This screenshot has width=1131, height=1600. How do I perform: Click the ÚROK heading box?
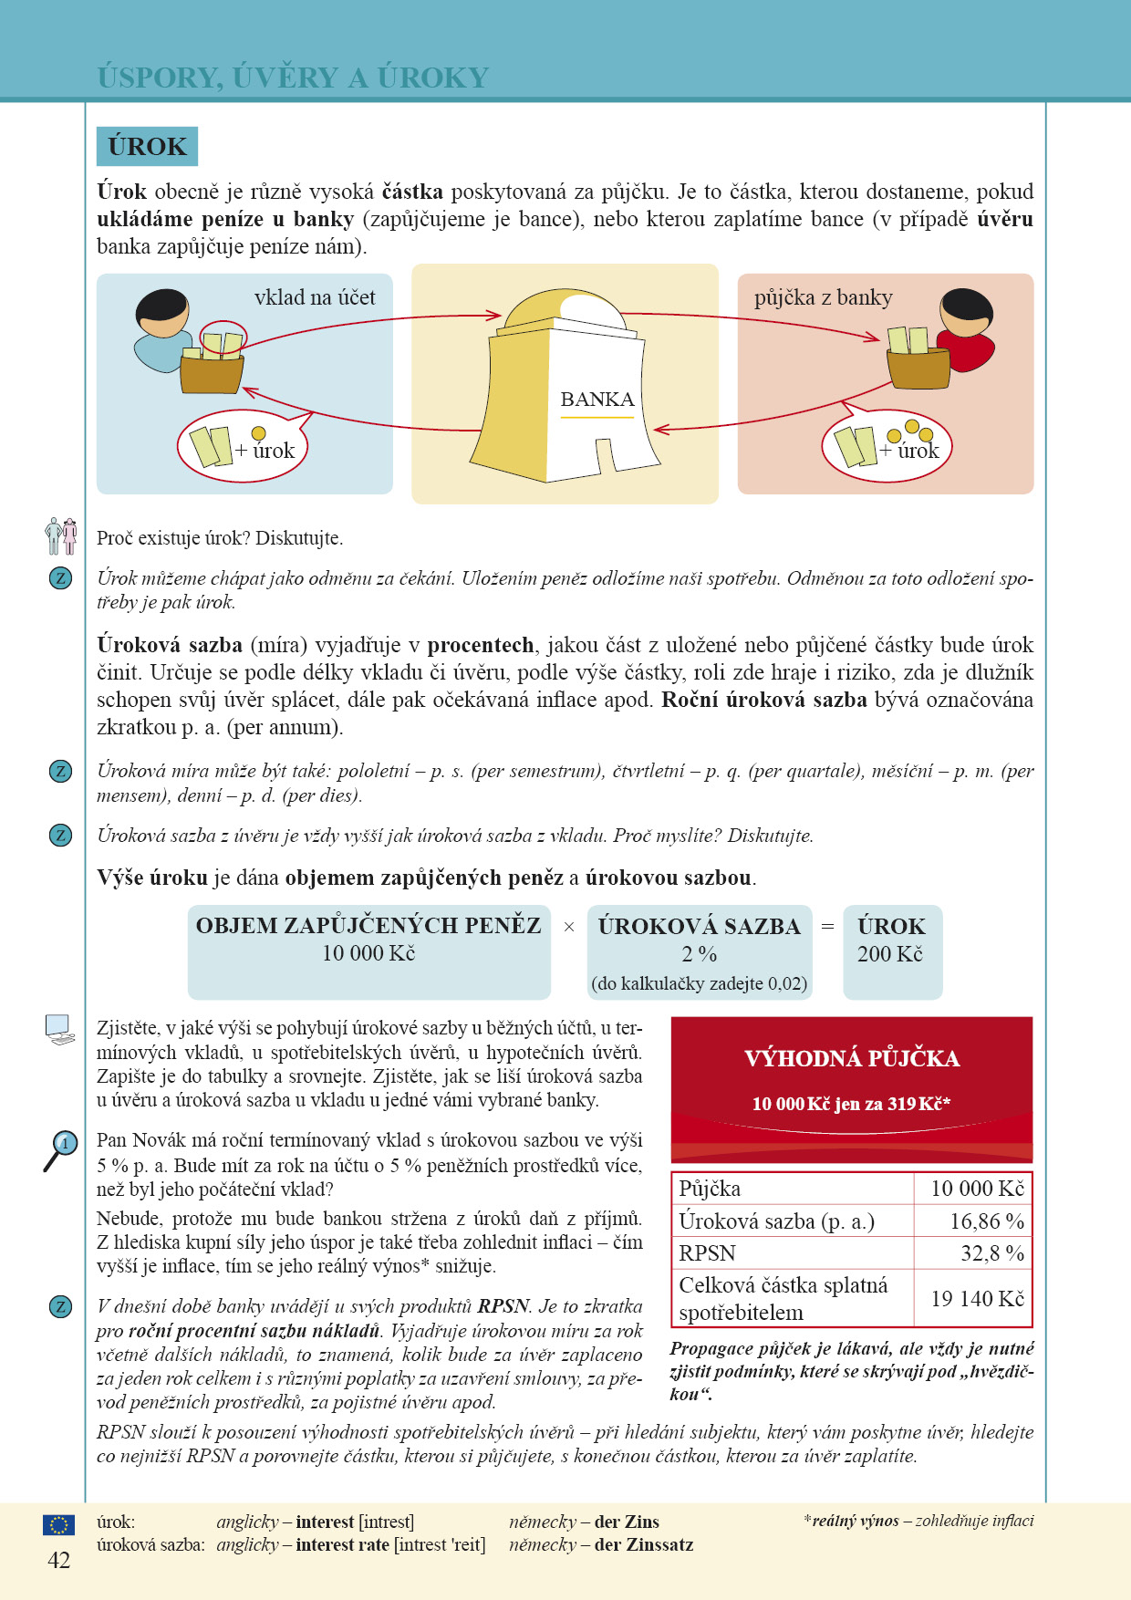click(x=147, y=147)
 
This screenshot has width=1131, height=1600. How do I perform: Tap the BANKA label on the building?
click(x=597, y=400)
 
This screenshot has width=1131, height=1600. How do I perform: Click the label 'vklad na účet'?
click(x=315, y=297)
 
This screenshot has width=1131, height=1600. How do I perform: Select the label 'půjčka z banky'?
click(x=823, y=297)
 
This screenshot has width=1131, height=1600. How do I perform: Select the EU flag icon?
click(x=58, y=1524)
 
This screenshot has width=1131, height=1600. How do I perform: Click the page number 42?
click(x=58, y=1561)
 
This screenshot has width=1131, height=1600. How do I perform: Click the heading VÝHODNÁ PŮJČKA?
click(x=852, y=1058)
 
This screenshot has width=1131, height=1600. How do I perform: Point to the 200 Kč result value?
click(x=889, y=954)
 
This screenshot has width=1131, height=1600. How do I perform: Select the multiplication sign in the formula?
click(x=569, y=927)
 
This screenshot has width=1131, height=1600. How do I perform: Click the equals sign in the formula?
click(x=827, y=927)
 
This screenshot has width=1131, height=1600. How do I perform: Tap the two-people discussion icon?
click(x=60, y=536)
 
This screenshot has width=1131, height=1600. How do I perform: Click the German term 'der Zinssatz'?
click(x=643, y=1544)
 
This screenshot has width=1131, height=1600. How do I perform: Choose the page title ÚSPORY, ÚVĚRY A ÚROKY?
click(x=293, y=78)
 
